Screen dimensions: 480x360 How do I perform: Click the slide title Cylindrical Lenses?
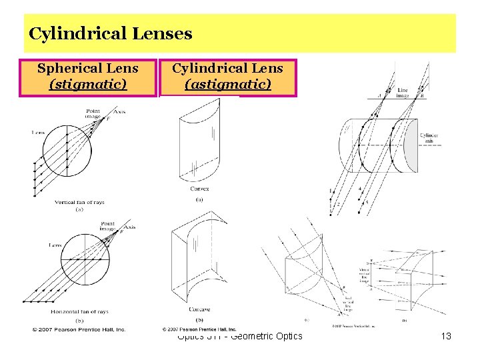click(x=111, y=33)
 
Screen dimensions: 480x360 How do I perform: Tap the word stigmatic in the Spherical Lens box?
click(x=88, y=84)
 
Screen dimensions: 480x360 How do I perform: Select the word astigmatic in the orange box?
click(x=228, y=84)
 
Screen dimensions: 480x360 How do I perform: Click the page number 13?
click(x=446, y=336)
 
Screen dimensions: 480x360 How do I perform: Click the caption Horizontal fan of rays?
click(x=79, y=312)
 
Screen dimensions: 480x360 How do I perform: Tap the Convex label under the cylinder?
click(x=200, y=189)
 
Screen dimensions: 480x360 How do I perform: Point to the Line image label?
click(x=403, y=93)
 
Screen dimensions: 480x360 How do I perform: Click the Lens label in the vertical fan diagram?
click(x=39, y=133)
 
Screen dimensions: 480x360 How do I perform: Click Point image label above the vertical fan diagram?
click(x=93, y=113)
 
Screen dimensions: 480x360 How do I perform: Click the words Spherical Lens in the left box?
click(x=88, y=68)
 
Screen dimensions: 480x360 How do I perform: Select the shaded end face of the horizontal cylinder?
click(x=410, y=145)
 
